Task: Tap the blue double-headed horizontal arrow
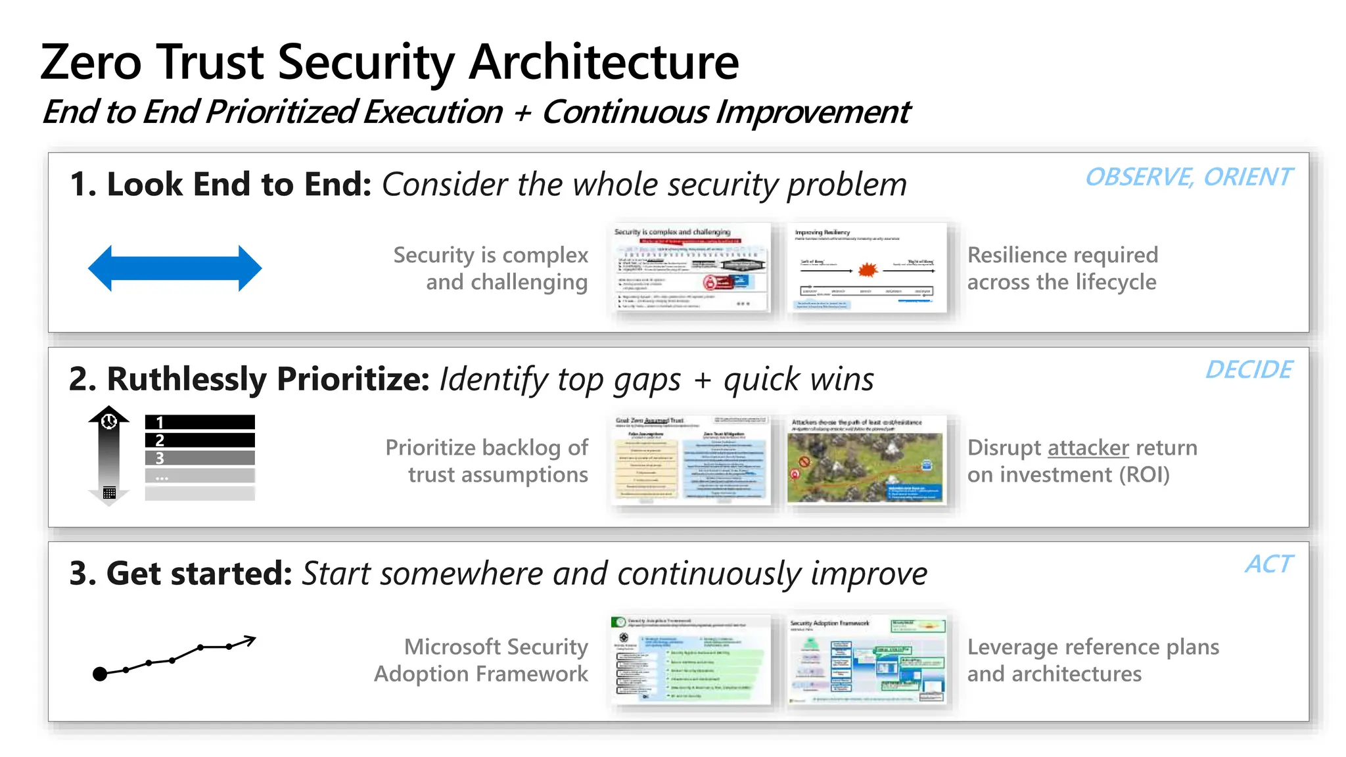click(175, 268)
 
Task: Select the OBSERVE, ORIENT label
click(1188, 177)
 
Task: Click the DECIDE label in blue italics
click(1248, 370)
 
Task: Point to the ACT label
click(1268, 564)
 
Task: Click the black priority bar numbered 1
click(200, 422)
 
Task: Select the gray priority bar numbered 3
click(200, 458)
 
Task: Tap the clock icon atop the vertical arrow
click(109, 421)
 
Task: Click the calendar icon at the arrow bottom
click(109, 493)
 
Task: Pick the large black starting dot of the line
click(100, 674)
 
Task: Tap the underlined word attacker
click(1088, 447)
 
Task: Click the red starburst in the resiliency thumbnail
click(868, 269)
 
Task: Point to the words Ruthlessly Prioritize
click(268, 379)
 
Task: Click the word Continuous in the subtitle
click(625, 112)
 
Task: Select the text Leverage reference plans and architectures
click(1092, 660)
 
